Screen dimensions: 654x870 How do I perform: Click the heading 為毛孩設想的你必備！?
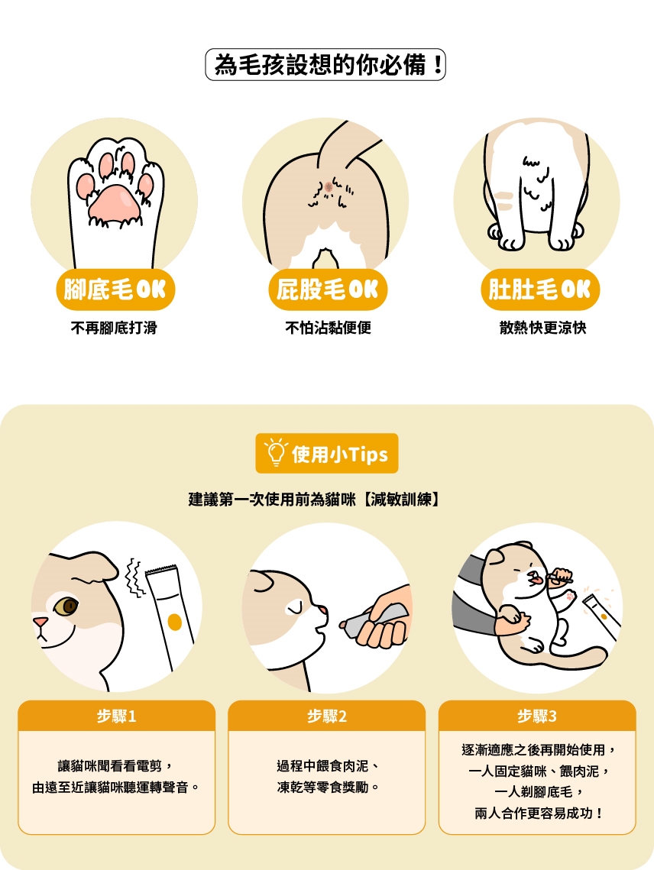click(x=325, y=64)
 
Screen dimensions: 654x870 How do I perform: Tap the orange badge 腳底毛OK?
click(x=115, y=289)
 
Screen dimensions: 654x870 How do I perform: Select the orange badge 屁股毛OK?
click(x=328, y=289)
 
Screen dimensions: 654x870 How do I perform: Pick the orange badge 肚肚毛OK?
click(x=540, y=289)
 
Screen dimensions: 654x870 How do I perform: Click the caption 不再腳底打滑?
click(x=114, y=328)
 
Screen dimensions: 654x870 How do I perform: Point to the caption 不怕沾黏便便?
click(x=328, y=328)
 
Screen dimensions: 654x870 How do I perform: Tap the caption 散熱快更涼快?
click(x=542, y=328)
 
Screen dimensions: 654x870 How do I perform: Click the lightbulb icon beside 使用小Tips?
click(x=275, y=453)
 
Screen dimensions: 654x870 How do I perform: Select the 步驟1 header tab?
click(x=117, y=716)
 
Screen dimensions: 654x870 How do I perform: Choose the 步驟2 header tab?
click(x=327, y=716)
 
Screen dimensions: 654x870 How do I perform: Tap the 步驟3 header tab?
click(x=537, y=716)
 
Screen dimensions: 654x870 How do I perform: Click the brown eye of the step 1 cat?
click(x=66, y=606)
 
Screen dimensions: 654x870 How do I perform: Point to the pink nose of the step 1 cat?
click(x=40, y=622)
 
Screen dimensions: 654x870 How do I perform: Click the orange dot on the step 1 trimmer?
click(x=174, y=622)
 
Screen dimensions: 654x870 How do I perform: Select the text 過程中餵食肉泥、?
click(x=328, y=765)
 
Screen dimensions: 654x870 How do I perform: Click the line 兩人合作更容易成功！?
click(x=537, y=813)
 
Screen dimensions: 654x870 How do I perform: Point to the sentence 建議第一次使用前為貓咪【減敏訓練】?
click(x=314, y=500)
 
